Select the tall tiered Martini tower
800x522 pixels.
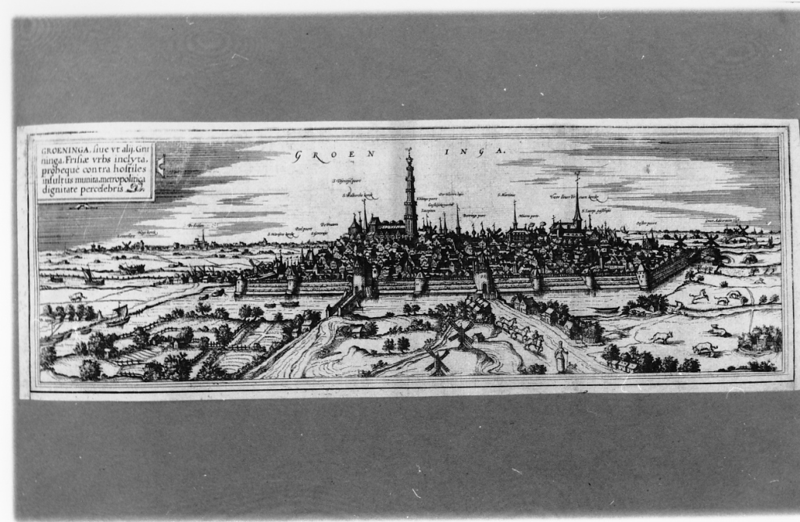(x=409, y=195)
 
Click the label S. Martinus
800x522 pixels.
(x=509, y=194)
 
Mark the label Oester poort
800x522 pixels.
(x=645, y=223)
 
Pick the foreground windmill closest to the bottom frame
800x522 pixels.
(x=437, y=360)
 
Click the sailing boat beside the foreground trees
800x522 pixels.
(x=118, y=314)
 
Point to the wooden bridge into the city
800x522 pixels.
(x=344, y=302)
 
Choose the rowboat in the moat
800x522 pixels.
(x=217, y=292)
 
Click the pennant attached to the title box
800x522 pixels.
(x=161, y=165)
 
